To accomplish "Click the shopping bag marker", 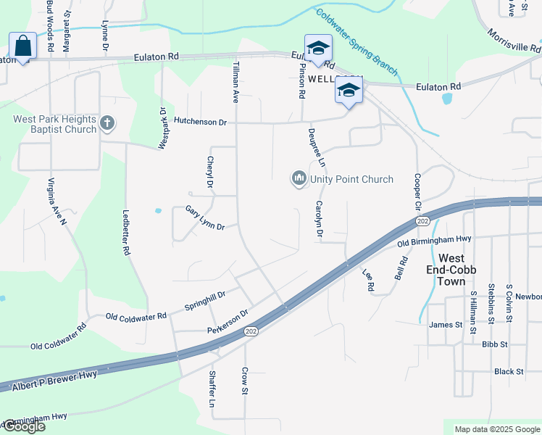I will [x=22, y=46].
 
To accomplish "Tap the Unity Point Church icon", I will [x=299, y=179].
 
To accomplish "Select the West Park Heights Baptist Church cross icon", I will [x=107, y=123].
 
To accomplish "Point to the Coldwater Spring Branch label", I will [x=357, y=41].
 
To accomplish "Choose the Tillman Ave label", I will [x=235, y=80].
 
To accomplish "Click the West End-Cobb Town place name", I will [x=462, y=265].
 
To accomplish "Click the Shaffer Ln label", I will [x=212, y=389].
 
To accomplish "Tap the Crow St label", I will [x=245, y=381].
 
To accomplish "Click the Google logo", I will [x=23, y=426].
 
